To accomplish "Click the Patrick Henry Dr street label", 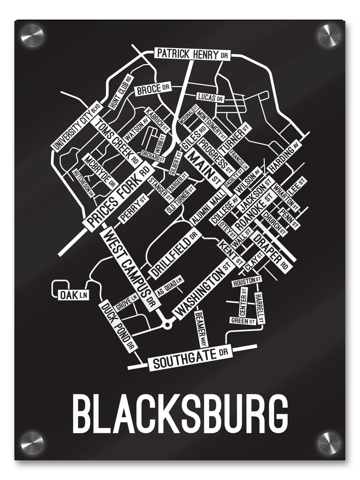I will point(192,54).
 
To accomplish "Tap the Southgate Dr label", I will point(190,362).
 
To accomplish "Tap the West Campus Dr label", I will point(129,269).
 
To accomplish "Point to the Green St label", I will point(243,321).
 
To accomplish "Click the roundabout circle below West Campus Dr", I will point(167,324).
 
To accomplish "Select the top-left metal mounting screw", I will point(32,35).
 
